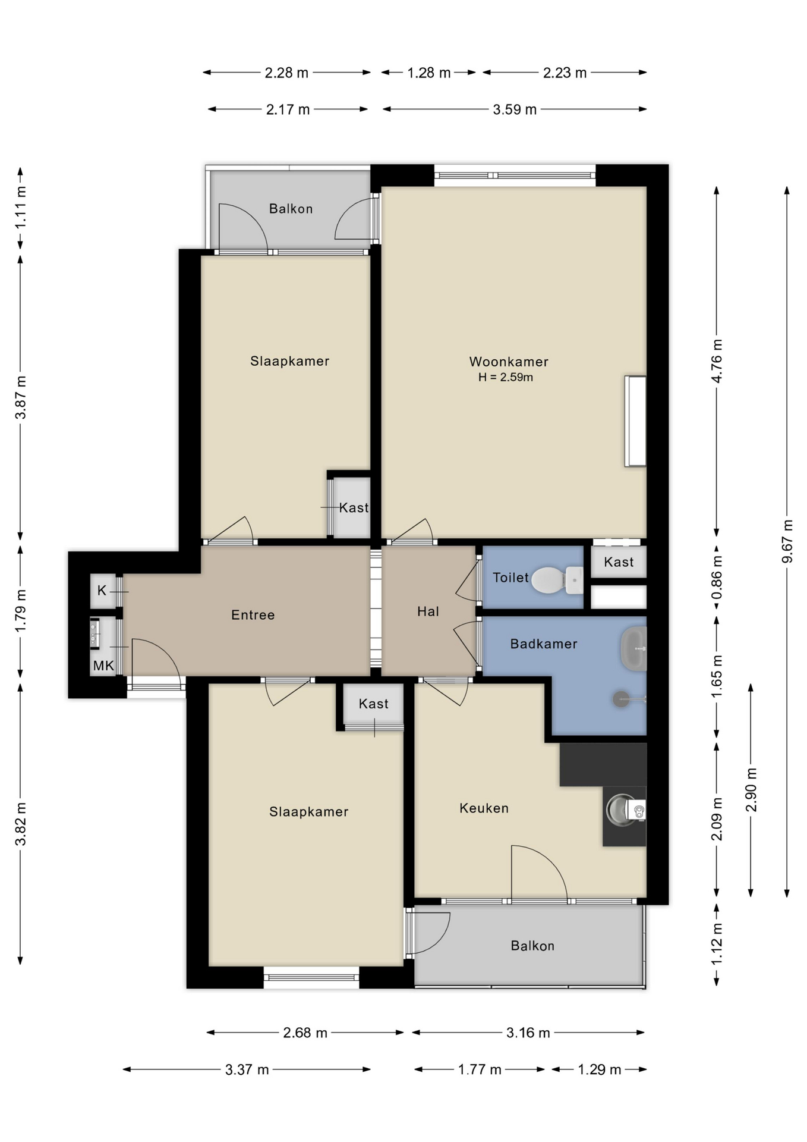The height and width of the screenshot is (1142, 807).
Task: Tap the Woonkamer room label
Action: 508,361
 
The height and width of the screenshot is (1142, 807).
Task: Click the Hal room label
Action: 428,611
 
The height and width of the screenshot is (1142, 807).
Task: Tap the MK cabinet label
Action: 103,666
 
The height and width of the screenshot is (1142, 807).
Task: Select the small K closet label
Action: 102,590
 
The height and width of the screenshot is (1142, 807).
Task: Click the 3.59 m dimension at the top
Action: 515,109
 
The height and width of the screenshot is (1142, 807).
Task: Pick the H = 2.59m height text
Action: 505,377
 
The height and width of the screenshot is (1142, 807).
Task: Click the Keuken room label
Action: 484,808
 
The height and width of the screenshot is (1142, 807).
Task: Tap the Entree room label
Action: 253,614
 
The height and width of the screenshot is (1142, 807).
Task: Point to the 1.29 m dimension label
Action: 599,1069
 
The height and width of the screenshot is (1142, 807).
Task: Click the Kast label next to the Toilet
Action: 619,561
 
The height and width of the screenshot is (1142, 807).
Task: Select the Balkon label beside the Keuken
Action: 532,946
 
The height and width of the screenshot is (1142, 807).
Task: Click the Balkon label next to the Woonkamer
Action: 291,208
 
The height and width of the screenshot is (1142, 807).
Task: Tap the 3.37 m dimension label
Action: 247,1069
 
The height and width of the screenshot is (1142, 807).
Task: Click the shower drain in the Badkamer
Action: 621,699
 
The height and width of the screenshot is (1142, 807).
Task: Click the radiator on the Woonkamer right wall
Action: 635,421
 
